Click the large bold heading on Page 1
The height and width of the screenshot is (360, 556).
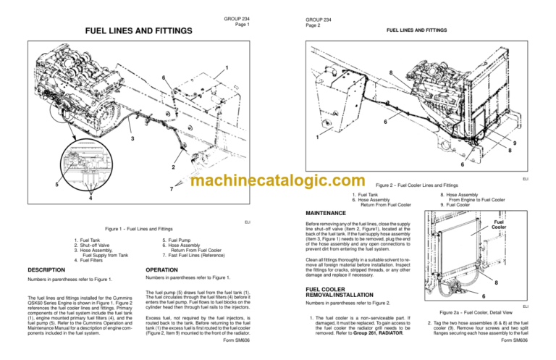click(x=139, y=31)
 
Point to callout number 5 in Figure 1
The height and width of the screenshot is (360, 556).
click(x=40, y=185)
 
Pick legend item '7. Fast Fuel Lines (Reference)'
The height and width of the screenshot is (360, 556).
click(x=193, y=256)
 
